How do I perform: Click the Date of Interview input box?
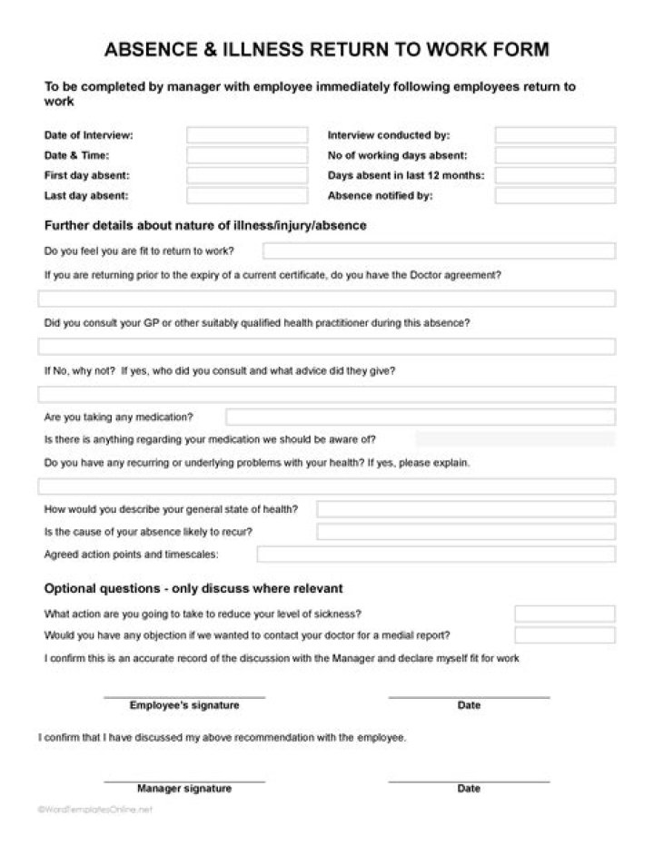[x=247, y=135]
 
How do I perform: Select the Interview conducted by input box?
[x=554, y=135]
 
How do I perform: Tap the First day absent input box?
[x=247, y=175]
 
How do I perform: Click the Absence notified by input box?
[x=554, y=195]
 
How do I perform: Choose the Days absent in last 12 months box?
[x=554, y=175]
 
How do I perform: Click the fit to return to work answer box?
[x=439, y=251]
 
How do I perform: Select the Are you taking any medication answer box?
[x=420, y=417]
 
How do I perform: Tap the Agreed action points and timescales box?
[x=435, y=554]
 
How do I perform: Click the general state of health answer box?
[x=465, y=509]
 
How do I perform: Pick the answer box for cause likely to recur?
[x=465, y=531]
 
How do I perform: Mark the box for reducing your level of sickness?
[x=564, y=614]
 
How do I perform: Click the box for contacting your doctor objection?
[x=564, y=634]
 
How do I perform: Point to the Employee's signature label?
[x=184, y=705]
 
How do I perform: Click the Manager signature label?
[x=184, y=789]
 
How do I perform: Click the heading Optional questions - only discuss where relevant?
[x=193, y=588]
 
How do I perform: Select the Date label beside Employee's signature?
[x=469, y=705]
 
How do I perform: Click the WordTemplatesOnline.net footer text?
[x=95, y=810]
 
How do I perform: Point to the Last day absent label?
[x=86, y=195]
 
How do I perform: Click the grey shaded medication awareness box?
[x=514, y=439]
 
